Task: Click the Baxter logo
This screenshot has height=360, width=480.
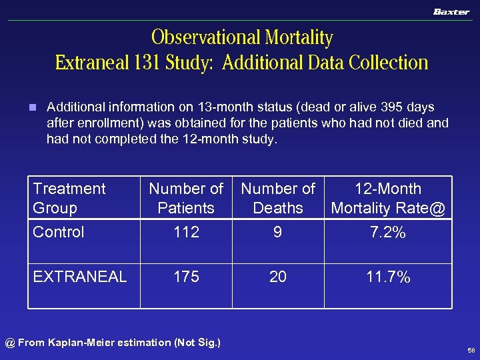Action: pos(451,12)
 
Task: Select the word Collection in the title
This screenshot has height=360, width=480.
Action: pos(387,63)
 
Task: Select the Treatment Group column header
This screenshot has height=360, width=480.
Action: pos(69,198)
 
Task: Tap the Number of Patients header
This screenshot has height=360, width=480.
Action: pos(186,198)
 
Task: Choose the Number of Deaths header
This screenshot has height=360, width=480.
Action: pos(278,198)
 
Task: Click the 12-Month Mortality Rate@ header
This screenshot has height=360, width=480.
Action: pos(388,198)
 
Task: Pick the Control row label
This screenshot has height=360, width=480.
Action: pos(59,232)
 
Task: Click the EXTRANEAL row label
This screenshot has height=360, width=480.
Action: pos(80,277)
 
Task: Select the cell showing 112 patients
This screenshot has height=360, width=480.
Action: pos(186,232)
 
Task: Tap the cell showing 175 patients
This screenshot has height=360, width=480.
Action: pos(186,277)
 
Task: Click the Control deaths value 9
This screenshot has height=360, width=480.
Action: pos(278,232)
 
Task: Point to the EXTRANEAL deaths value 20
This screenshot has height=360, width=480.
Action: pos(278,277)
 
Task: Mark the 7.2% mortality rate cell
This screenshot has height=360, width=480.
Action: pos(388,232)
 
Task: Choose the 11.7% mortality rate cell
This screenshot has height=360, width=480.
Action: pos(388,277)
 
